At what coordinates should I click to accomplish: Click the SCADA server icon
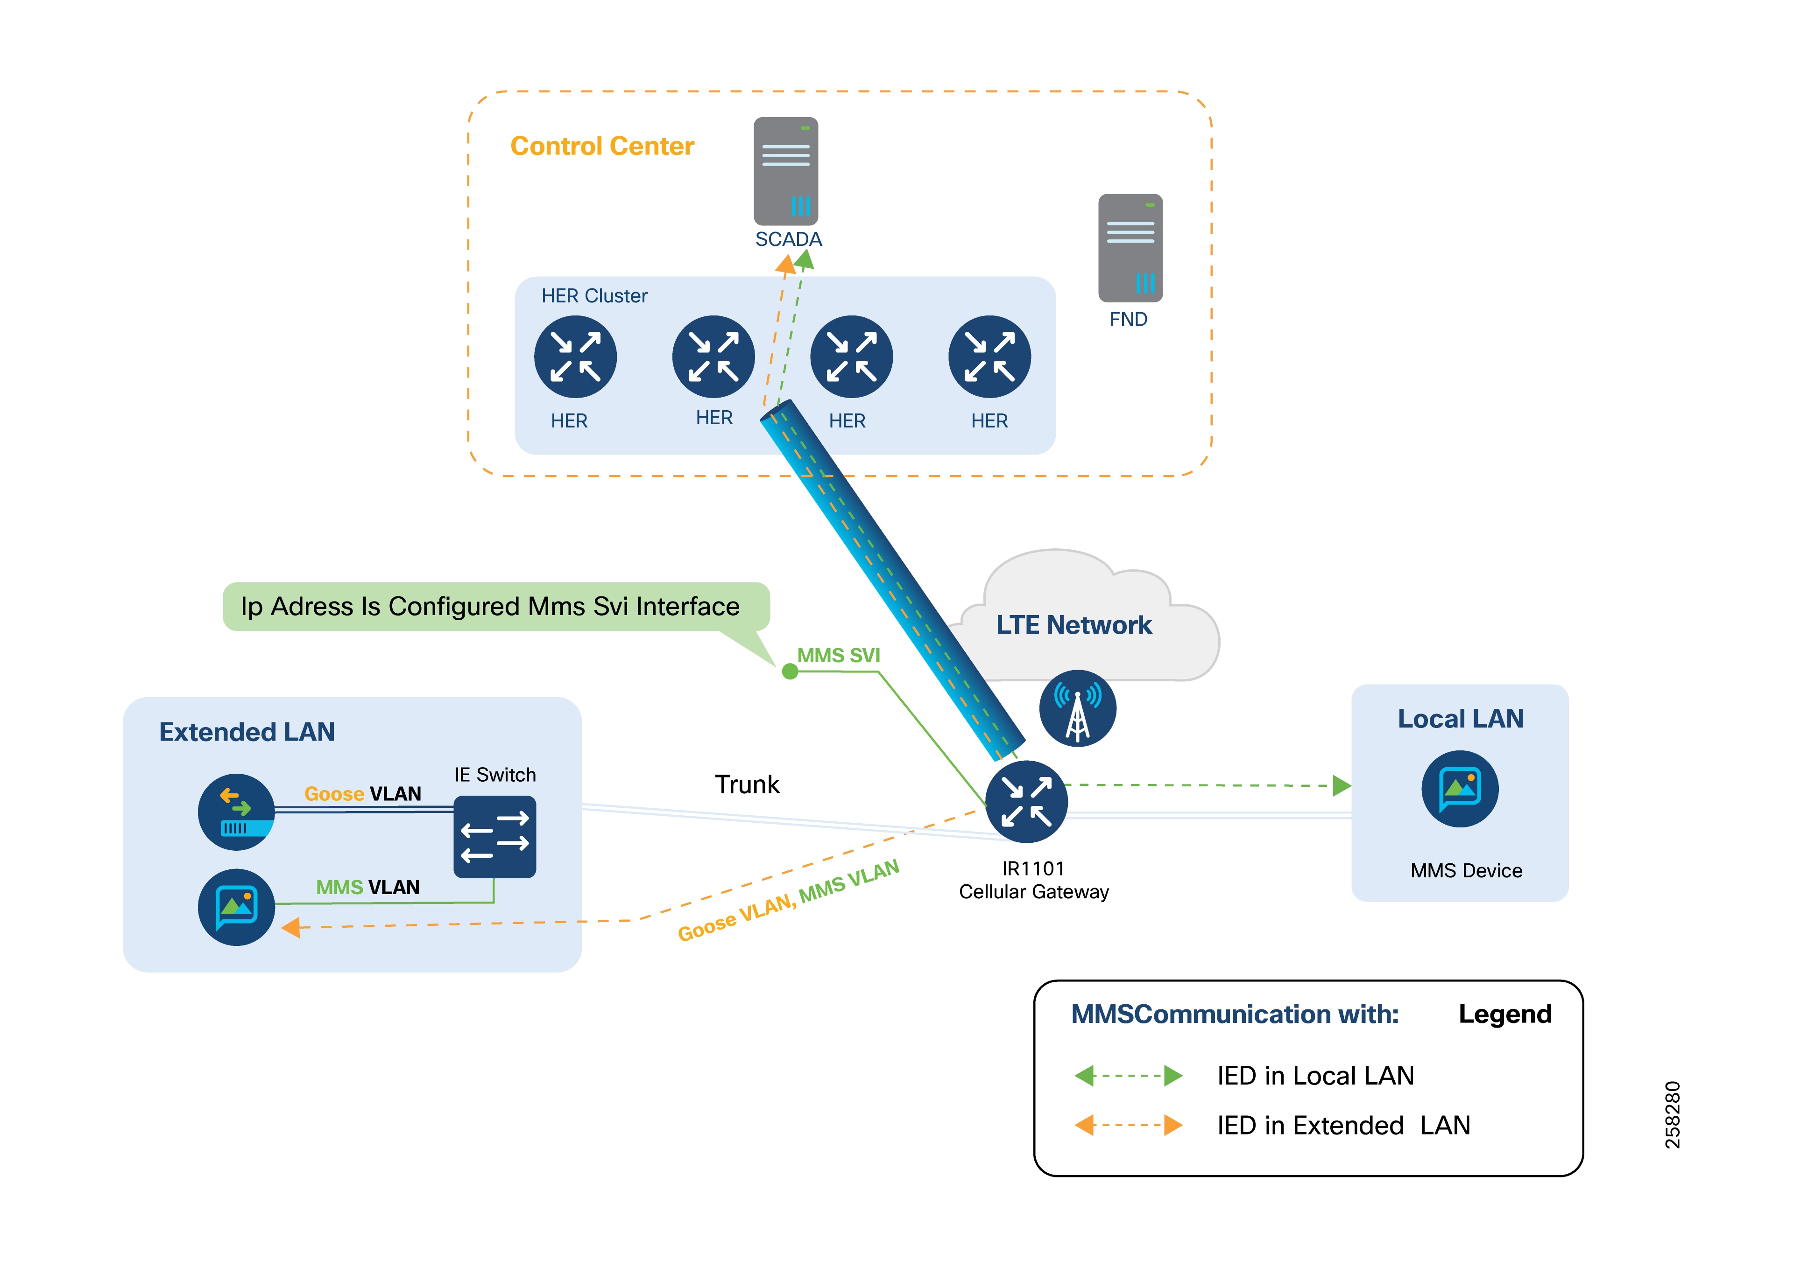point(785,171)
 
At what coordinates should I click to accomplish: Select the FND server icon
point(1130,248)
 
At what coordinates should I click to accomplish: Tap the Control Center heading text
point(601,146)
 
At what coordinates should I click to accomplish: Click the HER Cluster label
point(594,296)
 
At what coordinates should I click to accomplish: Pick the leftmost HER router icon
point(575,357)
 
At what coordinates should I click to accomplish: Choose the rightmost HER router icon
point(989,357)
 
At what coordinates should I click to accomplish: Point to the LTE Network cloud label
point(1073,625)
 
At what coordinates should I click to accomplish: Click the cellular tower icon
point(1078,708)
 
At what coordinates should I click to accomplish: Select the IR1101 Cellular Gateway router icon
point(1026,801)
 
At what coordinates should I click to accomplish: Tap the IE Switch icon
point(494,837)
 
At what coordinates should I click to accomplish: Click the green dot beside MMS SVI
point(790,671)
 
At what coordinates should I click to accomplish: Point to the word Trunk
point(747,784)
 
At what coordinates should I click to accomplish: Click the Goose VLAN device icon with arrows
point(236,812)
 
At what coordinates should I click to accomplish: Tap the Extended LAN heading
point(247,732)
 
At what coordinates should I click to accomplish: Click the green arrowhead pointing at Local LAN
point(1342,785)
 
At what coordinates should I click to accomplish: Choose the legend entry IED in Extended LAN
point(1343,1126)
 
